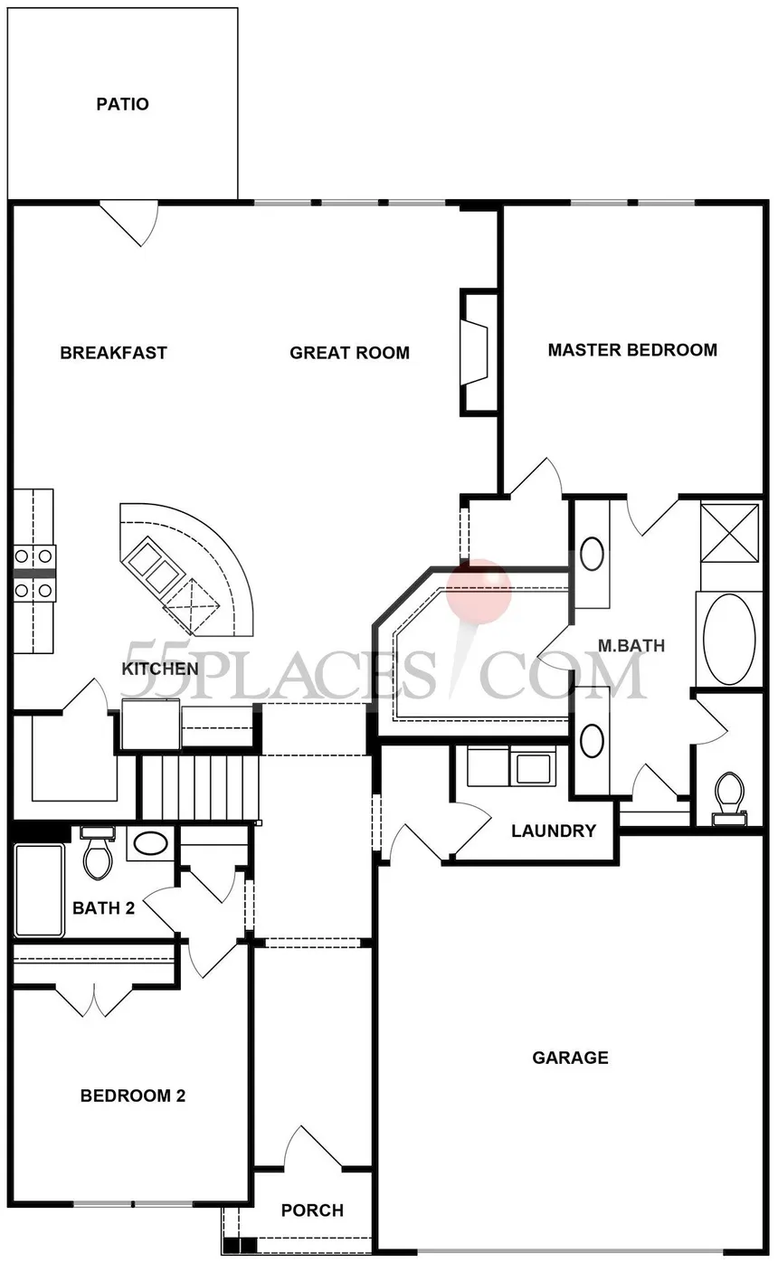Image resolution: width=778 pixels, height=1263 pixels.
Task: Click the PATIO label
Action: (x=122, y=104)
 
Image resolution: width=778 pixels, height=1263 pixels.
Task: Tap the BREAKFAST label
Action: (x=114, y=353)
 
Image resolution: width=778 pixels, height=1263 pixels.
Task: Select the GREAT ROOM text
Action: (x=349, y=353)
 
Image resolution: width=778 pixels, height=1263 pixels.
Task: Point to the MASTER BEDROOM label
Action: (x=632, y=350)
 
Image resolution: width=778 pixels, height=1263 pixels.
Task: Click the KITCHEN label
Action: (x=160, y=669)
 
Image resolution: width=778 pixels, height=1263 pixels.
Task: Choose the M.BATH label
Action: (x=631, y=646)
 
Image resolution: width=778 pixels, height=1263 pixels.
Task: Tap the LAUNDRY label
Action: (x=554, y=831)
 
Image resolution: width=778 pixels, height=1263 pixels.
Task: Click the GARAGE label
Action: (x=571, y=1058)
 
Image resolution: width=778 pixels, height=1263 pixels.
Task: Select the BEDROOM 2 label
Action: (x=133, y=1096)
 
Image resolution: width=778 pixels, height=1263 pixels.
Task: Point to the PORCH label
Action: (x=312, y=1211)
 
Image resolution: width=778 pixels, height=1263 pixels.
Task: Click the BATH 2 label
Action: (x=104, y=908)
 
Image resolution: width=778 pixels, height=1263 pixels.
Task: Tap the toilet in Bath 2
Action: (x=97, y=852)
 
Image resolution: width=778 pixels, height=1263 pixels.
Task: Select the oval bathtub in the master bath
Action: (x=729, y=640)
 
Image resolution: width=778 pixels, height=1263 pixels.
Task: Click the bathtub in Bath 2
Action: (x=39, y=891)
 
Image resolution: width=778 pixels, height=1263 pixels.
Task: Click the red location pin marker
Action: (x=478, y=592)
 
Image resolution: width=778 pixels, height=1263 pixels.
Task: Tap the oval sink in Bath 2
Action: (x=150, y=845)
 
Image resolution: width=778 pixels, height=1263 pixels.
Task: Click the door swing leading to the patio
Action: (x=129, y=223)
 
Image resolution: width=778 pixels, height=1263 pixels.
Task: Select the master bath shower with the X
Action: (x=730, y=532)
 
